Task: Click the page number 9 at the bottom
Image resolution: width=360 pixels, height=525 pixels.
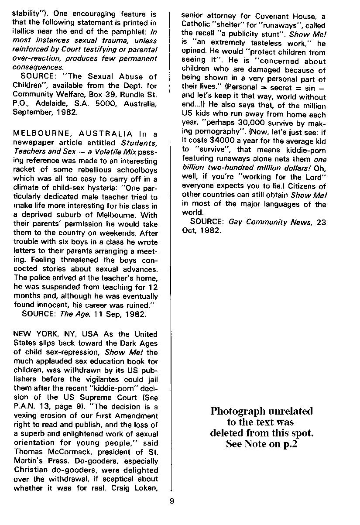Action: tap(171, 501)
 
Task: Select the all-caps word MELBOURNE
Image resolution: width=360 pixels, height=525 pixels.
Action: tap(34, 133)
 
